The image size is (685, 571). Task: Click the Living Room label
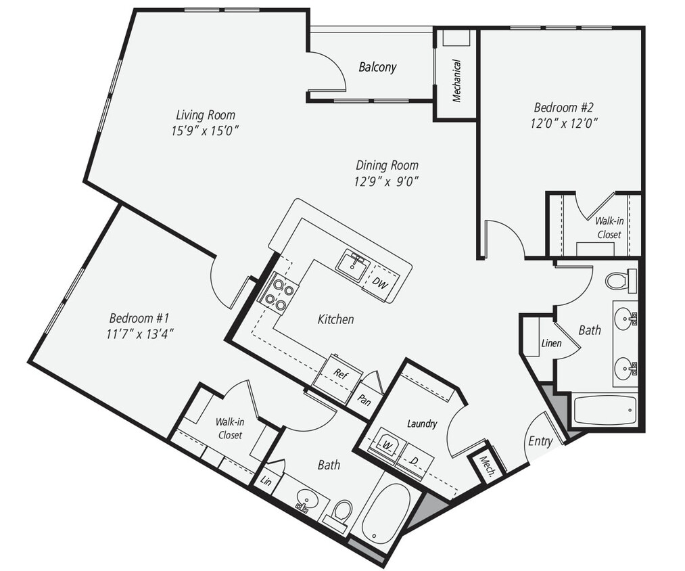206,114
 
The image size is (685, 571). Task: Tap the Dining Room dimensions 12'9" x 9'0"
387,181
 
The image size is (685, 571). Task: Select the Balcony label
377,67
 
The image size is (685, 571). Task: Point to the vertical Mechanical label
456,81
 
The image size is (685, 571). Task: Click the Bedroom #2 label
563,107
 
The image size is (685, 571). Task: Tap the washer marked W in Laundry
388,446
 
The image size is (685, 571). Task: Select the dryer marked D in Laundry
414,461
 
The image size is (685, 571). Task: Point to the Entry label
540,441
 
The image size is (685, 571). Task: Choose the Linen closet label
551,343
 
